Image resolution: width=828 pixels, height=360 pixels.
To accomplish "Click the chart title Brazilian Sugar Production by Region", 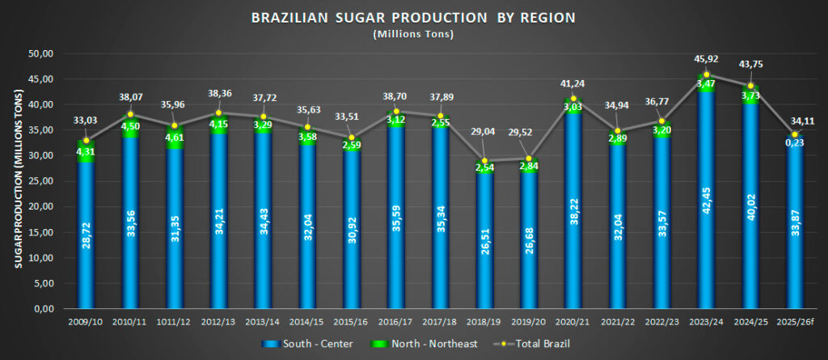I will [x=413, y=18].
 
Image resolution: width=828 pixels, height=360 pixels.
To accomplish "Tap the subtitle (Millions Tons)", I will [x=413, y=34].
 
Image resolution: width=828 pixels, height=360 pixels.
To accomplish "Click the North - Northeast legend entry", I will [x=426, y=344].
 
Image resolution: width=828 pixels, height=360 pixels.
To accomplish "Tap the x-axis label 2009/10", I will [x=86, y=323].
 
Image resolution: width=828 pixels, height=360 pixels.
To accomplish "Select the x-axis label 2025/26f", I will [x=795, y=323].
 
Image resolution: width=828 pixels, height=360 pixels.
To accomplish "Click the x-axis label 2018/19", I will [x=484, y=323].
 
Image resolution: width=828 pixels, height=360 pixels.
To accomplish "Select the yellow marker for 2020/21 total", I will [x=573, y=99].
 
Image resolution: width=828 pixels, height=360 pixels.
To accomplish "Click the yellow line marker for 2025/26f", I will [x=795, y=134].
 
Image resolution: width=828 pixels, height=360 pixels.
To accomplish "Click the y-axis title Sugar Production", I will [x=17, y=181].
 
